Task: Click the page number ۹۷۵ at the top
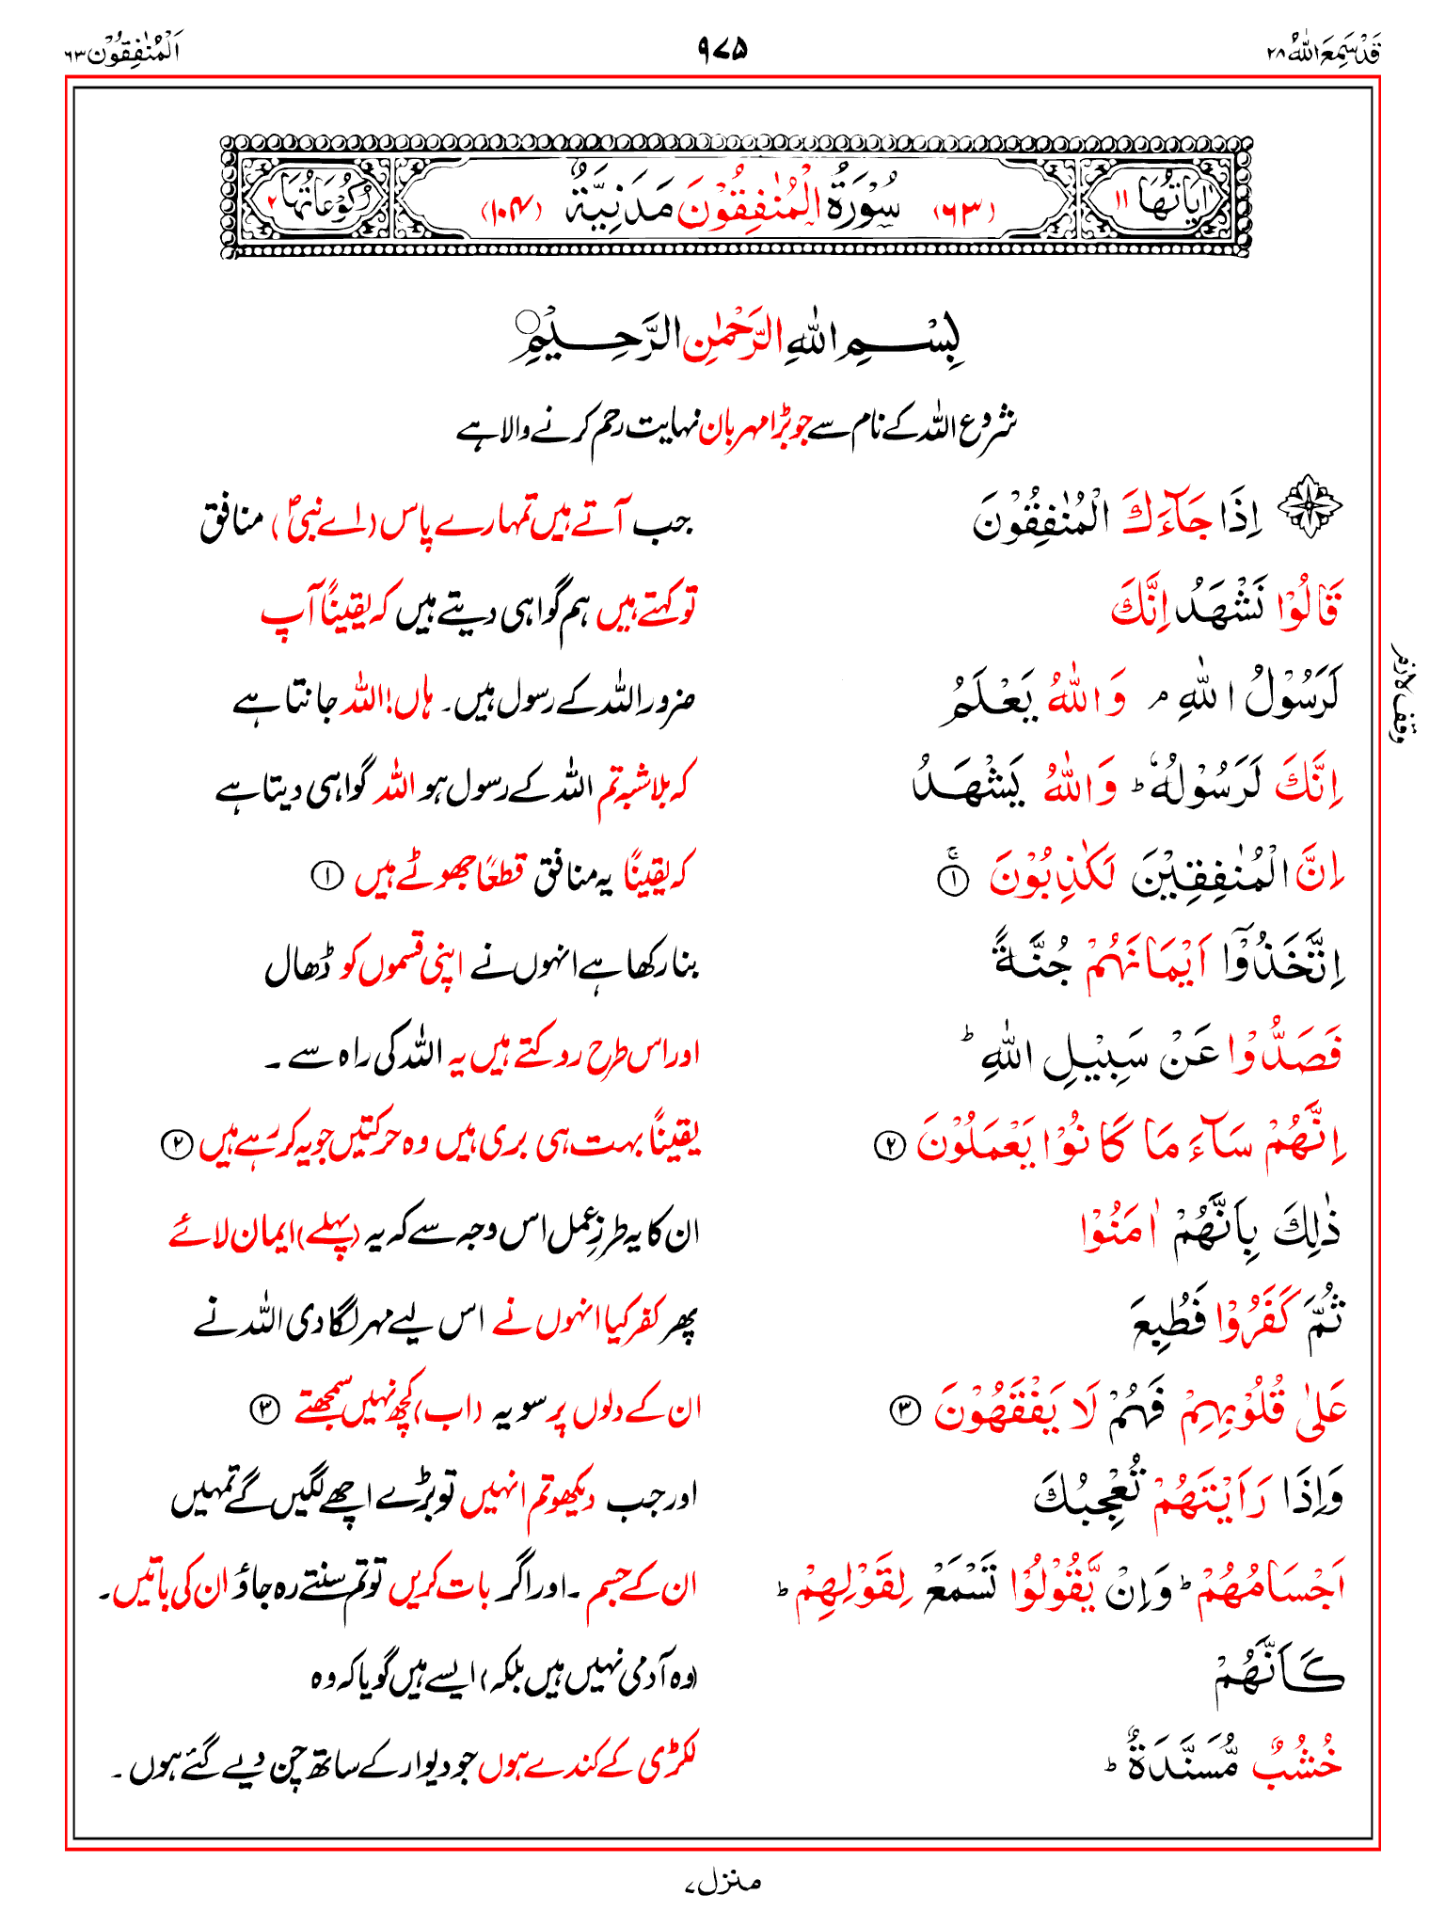click(x=722, y=47)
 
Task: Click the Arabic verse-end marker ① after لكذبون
click(x=952, y=879)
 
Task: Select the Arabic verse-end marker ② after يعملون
click(x=890, y=1145)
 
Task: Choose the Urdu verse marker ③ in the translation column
click(x=263, y=1409)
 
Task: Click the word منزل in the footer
click(x=722, y=1882)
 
